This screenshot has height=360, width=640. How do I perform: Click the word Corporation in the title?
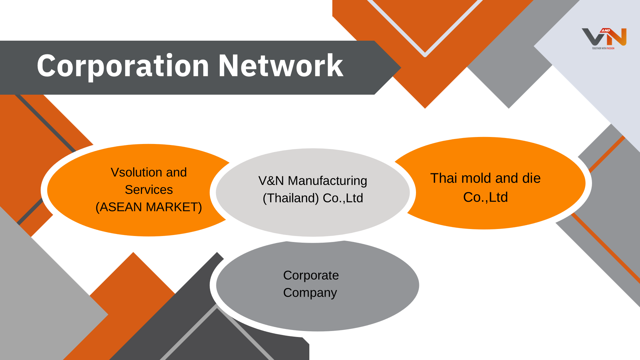point(123,66)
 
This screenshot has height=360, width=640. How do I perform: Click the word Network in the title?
point(281,66)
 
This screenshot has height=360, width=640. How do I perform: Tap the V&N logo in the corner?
point(604,37)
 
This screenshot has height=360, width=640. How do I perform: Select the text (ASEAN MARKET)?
point(149,207)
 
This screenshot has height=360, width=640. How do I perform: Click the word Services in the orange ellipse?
point(149,190)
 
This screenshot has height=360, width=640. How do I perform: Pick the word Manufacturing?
point(327,181)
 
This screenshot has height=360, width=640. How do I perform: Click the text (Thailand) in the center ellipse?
point(291,198)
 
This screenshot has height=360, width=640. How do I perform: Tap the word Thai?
point(444,178)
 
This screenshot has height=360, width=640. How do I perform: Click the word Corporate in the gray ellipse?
point(311,275)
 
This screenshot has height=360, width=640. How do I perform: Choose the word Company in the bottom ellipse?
point(310,293)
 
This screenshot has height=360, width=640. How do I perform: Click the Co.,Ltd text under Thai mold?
point(485,197)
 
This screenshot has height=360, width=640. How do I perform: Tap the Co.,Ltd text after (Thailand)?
point(343,198)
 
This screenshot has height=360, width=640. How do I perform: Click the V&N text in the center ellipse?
point(271,181)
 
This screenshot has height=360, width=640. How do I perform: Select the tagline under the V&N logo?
point(603,48)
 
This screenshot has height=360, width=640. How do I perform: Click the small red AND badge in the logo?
point(606,30)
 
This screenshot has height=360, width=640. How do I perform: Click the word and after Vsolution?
point(176,172)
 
